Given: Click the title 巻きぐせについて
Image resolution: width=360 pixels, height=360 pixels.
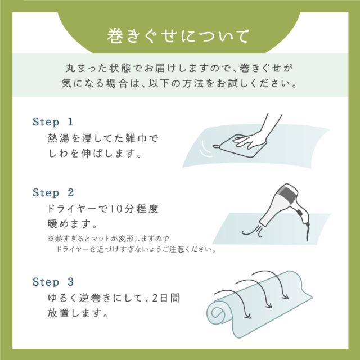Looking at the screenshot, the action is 178,36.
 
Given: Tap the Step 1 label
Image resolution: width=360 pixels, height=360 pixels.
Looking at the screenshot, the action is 53,122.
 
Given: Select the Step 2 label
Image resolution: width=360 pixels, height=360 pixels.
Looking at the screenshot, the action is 53,192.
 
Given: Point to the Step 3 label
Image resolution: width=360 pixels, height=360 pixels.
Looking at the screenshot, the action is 53,282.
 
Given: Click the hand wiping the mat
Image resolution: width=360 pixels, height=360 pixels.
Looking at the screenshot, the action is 255,136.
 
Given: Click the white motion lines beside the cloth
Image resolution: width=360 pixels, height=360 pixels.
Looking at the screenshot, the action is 205,150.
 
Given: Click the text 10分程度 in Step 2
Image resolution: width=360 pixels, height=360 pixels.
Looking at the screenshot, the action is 134,209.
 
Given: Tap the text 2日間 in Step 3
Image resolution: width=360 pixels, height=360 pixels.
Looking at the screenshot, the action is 166,298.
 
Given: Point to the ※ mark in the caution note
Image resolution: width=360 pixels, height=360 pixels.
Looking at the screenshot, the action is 51,238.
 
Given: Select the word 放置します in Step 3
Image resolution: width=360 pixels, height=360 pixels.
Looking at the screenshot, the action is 78,313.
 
